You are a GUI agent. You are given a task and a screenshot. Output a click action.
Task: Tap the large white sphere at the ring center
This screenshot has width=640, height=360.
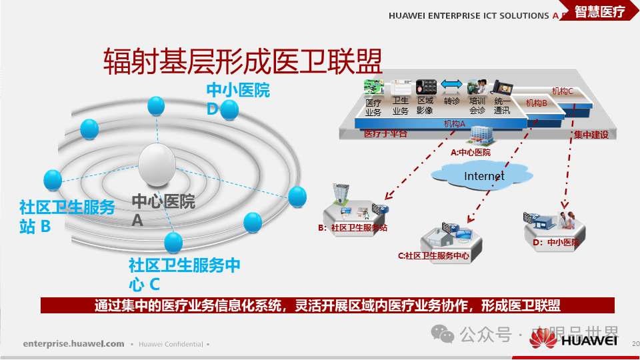tap(157, 164)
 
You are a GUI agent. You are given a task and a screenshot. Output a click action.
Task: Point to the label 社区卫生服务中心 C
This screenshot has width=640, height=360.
tap(183, 274)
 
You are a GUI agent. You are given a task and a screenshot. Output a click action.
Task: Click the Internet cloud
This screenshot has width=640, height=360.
tap(484, 176)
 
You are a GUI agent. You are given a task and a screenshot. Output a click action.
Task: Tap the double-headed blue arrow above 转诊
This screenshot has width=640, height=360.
tap(451, 84)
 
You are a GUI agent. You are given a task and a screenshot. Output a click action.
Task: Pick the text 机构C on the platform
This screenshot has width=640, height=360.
tap(562, 91)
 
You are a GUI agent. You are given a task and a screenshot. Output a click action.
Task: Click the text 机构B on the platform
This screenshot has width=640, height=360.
tap(536, 103)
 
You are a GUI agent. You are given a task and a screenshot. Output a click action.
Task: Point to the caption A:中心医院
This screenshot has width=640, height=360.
tap(470, 153)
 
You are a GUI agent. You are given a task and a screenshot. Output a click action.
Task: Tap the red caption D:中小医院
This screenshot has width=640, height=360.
tap(555, 243)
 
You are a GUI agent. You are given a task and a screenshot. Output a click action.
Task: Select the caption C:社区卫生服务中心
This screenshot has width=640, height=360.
tap(433, 255)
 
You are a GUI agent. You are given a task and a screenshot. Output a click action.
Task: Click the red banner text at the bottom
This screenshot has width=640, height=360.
tap(327, 306)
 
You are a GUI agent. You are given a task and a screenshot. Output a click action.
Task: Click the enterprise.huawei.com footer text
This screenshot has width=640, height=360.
tap(73, 344)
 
